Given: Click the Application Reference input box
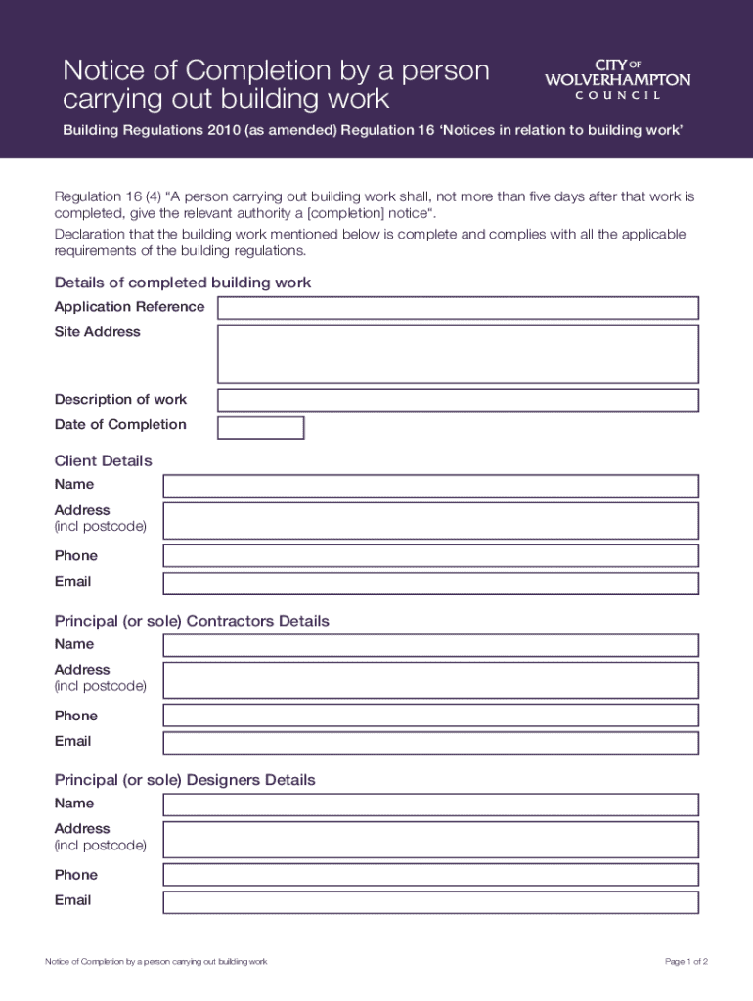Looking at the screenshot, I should [458, 308].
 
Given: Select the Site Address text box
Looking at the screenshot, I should [458, 354].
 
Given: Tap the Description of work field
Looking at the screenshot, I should [458, 400].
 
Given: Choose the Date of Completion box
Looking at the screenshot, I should [261, 428].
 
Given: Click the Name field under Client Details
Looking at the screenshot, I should [430, 486].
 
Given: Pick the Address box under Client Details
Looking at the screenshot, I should [430, 521].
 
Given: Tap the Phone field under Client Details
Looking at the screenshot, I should [430, 556].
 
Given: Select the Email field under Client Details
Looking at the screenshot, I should [430, 584].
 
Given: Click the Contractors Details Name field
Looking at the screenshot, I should [430, 645].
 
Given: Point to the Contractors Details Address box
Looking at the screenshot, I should [430, 680].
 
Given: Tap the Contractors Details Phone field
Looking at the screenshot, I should [430, 716].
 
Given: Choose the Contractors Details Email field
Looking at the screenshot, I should [430, 743].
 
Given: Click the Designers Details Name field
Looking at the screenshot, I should [430, 805].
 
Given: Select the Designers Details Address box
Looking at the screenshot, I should [430, 840].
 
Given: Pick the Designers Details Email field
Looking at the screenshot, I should [430, 902].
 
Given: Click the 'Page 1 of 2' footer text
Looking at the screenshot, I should [686, 962].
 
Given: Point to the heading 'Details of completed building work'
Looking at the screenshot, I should [183, 283].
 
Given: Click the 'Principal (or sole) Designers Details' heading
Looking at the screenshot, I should [185, 780].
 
